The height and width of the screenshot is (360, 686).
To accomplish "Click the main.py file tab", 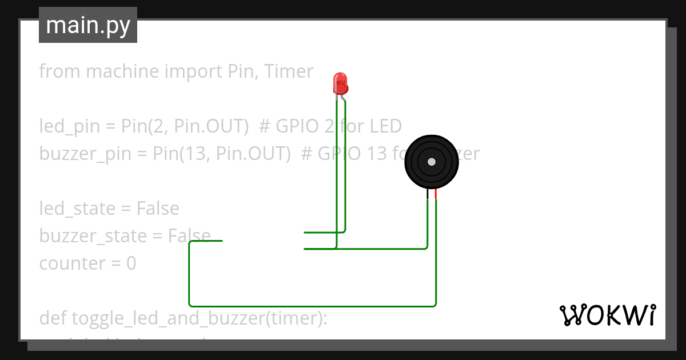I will click(88, 26).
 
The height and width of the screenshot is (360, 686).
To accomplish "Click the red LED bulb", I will click(340, 82).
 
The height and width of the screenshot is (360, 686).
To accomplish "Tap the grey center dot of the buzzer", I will click(432, 162).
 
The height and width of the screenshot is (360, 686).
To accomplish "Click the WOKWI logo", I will click(607, 315).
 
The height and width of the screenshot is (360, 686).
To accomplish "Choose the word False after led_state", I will click(158, 209).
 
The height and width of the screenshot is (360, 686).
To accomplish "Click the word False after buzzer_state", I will click(189, 235).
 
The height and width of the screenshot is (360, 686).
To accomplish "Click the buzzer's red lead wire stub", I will click(436, 194).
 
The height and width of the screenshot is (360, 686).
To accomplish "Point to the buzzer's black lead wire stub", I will click(428, 194).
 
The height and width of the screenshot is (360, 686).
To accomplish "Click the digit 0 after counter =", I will click(131, 263).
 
